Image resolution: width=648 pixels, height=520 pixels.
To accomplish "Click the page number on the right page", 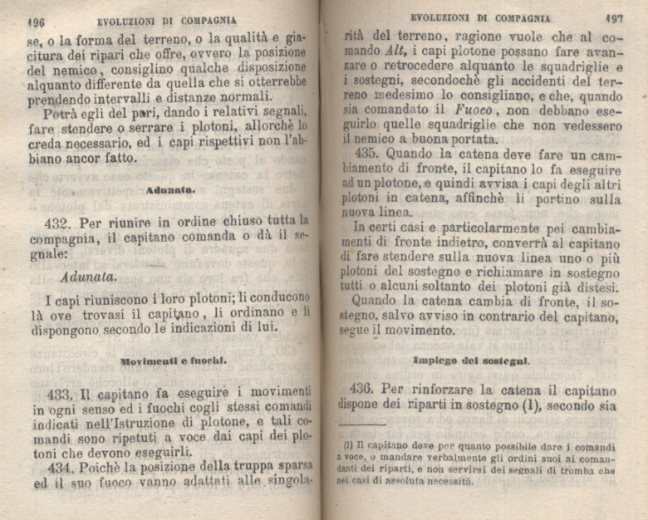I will point(615,17).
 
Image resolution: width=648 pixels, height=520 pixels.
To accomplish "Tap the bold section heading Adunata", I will point(169,189).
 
